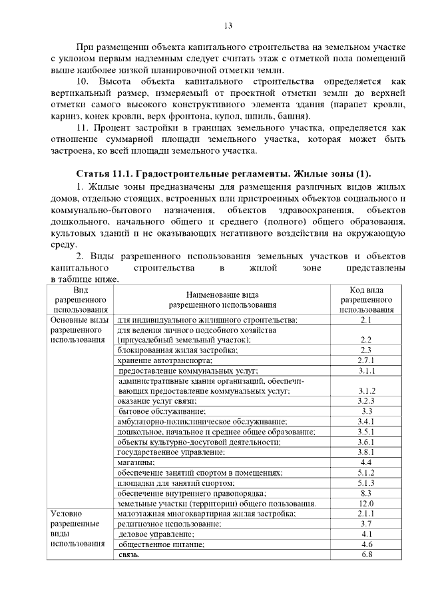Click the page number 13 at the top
pyautogui.click(x=228, y=26)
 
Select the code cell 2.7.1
pyautogui.click(x=365, y=360)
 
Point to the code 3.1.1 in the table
pyautogui.click(x=365, y=370)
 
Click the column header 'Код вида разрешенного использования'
pyautogui.click(x=365, y=300)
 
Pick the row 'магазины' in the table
pyautogui.click(x=136, y=462)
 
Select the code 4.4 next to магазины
pyautogui.click(x=365, y=462)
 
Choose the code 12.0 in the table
pyautogui.click(x=365, y=503)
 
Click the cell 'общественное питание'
pyautogui.click(x=159, y=544)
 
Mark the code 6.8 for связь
pyautogui.click(x=365, y=555)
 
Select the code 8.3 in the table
pyautogui.click(x=365, y=493)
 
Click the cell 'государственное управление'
pyautogui.click(x=171, y=452)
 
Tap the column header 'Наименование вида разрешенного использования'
pyautogui.click(x=222, y=300)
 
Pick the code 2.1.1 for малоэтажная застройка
pyautogui.click(x=365, y=514)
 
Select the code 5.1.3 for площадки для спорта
pyautogui.click(x=365, y=482)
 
